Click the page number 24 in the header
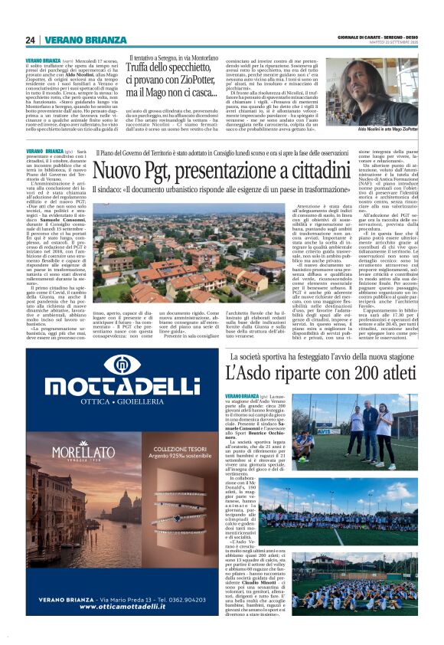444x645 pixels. [31, 40]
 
